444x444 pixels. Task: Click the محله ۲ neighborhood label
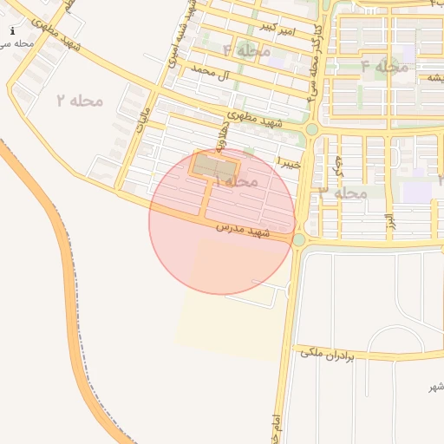pos(80,101)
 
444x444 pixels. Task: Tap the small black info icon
pos(12,31)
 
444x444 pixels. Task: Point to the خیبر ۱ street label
pos(290,162)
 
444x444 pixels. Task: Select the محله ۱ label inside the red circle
pos(235,181)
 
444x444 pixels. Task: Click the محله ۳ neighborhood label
pos(343,193)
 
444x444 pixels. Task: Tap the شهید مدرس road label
pos(244,230)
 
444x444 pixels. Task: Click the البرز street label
pos(389,220)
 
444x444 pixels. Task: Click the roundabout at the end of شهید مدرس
pos(299,239)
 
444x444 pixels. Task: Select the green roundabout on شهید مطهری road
pos(311,129)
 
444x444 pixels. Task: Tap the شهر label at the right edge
pos(436,387)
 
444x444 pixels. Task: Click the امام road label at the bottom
pos(277,428)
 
